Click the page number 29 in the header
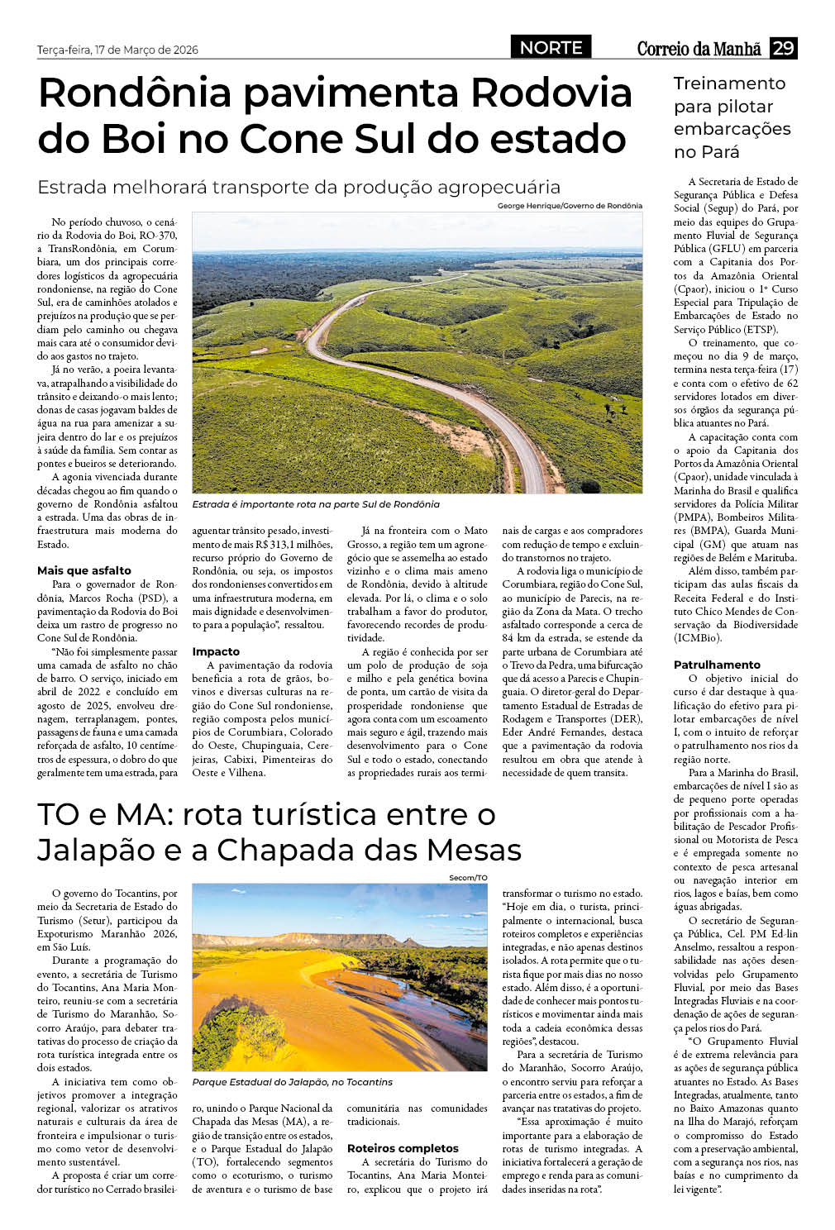coord(783,48)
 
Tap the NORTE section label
coord(551,48)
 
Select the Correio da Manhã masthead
coord(699,49)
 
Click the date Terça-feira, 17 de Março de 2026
coord(117,50)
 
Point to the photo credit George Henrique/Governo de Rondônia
coord(570,206)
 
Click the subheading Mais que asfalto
coord(84,570)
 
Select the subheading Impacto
coord(216,651)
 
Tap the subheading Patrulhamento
coord(717,665)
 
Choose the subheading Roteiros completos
coord(403,1148)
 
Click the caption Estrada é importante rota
coord(316,504)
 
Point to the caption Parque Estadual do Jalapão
coord(293,1082)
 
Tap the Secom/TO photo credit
coord(469,878)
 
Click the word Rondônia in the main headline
coord(135,93)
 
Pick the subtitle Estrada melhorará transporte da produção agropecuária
coord(298,187)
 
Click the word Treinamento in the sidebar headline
coord(729,83)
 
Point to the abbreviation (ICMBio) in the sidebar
coord(698,638)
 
